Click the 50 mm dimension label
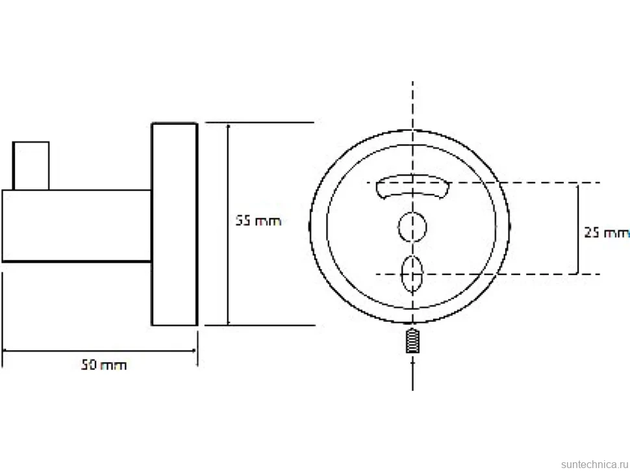(104, 365)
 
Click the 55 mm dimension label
(258, 221)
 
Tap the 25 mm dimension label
(607, 232)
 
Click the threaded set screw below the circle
(412, 341)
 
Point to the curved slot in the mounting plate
(412, 186)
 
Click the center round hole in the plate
(412, 227)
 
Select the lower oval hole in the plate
(412, 274)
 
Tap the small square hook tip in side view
(31, 166)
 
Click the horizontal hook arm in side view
(77, 226)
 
